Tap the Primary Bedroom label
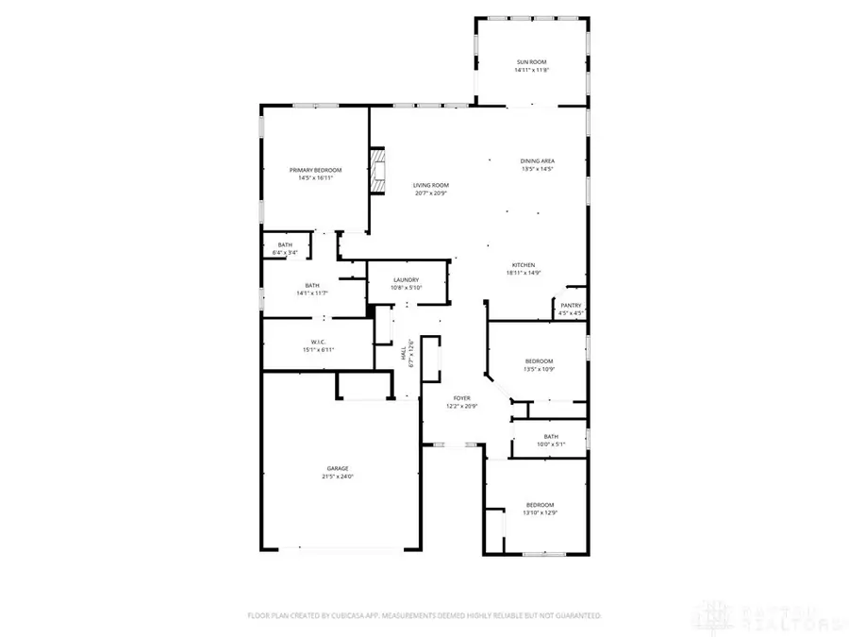tap(315, 170)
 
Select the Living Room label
tap(430, 185)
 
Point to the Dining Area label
tap(537, 161)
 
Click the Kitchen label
tap(524, 265)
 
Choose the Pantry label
tap(572, 305)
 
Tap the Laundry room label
tap(407, 280)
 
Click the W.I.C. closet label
tap(318, 342)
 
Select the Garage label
tap(338, 468)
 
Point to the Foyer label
tap(461, 399)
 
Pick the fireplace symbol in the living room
tap(378, 171)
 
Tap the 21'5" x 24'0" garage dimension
tap(338, 477)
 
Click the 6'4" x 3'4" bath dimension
tap(285, 252)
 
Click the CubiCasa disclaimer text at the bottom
tap(424, 615)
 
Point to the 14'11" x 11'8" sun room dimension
tap(532, 70)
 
